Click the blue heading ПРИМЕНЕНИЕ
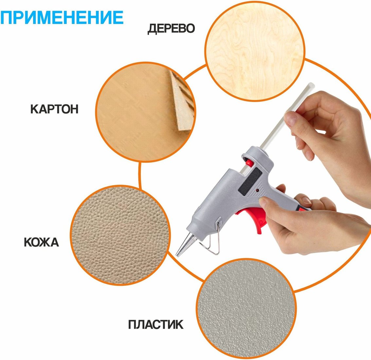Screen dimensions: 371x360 (x=62, y=17)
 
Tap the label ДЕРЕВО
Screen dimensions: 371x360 (x=171, y=28)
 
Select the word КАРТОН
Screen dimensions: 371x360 (x=54, y=109)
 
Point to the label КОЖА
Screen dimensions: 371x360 (x=41, y=243)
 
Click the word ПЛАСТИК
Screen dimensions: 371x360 (x=156, y=325)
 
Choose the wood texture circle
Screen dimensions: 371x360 (x=255, y=51)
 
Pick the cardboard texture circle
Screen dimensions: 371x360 (x=146, y=112)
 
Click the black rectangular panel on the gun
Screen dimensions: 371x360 (x=250, y=181)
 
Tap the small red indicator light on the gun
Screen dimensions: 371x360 (x=257, y=190)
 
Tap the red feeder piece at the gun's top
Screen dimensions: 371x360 (x=249, y=163)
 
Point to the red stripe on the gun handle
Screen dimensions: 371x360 (x=304, y=208)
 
